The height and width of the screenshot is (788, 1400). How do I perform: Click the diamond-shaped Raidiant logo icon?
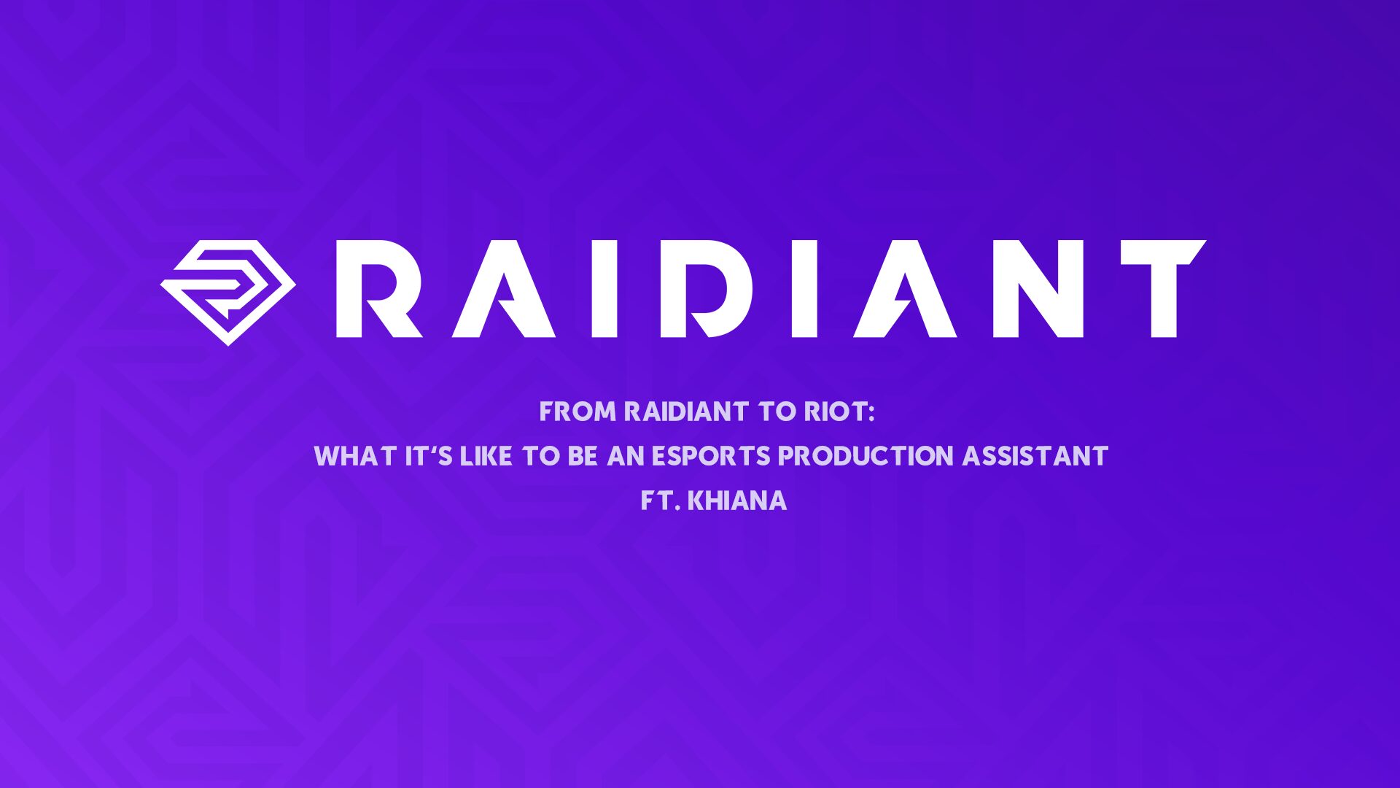pyautogui.click(x=228, y=292)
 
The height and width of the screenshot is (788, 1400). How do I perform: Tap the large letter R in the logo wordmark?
pyautogui.click(x=379, y=289)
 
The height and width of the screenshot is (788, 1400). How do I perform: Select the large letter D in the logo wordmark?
pyautogui.click(x=706, y=289)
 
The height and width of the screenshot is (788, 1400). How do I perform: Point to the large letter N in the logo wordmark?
pyautogui.click(x=1038, y=289)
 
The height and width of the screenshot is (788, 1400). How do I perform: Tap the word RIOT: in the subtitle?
pyautogui.click(x=839, y=412)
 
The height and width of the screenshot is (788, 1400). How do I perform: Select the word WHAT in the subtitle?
pyautogui.click(x=356, y=457)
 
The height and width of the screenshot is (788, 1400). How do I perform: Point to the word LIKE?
pyautogui.click(x=486, y=457)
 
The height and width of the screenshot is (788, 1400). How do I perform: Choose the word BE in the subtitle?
pyautogui.click(x=583, y=457)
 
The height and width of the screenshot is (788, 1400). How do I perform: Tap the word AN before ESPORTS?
pyautogui.click(x=626, y=457)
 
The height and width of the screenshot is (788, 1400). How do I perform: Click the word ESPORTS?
pyautogui.click(x=711, y=457)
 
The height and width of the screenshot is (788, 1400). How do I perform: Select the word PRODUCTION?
pyautogui.click(x=866, y=457)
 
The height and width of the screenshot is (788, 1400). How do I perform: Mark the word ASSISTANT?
pyautogui.click(x=1035, y=457)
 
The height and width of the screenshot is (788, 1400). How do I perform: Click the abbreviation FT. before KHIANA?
pyautogui.click(x=661, y=501)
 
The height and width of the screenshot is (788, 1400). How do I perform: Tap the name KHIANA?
pyautogui.click(x=737, y=501)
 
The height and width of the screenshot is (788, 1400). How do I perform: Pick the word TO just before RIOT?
pyautogui.click(x=777, y=412)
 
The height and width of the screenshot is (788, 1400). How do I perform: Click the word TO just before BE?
pyautogui.click(x=540, y=457)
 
